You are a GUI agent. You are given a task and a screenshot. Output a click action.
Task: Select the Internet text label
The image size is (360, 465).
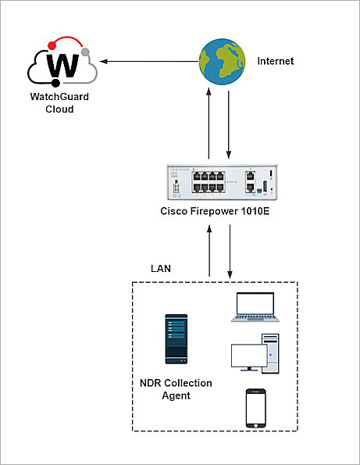coord(276,61)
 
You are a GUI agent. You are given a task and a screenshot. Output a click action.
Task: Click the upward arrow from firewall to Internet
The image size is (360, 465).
coord(209,126)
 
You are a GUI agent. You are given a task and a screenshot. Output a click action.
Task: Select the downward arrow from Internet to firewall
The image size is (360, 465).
coord(229,126)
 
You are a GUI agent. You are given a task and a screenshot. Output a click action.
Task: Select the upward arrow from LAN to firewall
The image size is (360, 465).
coord(209,251)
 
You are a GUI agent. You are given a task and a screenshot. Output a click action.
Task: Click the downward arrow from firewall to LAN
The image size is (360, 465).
coord(230,251)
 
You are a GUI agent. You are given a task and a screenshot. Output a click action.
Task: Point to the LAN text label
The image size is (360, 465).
coord(161,268)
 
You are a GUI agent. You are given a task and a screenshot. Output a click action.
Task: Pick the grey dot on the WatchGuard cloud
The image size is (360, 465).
coord(84,52)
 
